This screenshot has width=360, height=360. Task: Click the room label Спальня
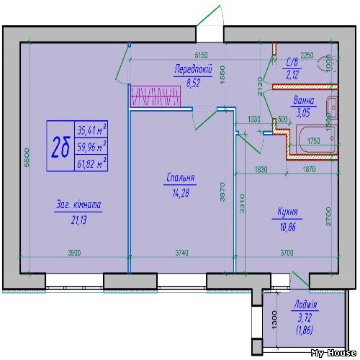(x=181, y=178)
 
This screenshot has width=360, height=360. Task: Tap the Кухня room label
(x=289, y=213)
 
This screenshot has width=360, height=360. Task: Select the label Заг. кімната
(x=78, y=205)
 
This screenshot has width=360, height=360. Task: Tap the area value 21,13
(x=78, y=220)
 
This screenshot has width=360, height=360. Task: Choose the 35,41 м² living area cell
(x=92, y=130)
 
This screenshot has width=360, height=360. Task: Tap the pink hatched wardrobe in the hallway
(x=154, y=96)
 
